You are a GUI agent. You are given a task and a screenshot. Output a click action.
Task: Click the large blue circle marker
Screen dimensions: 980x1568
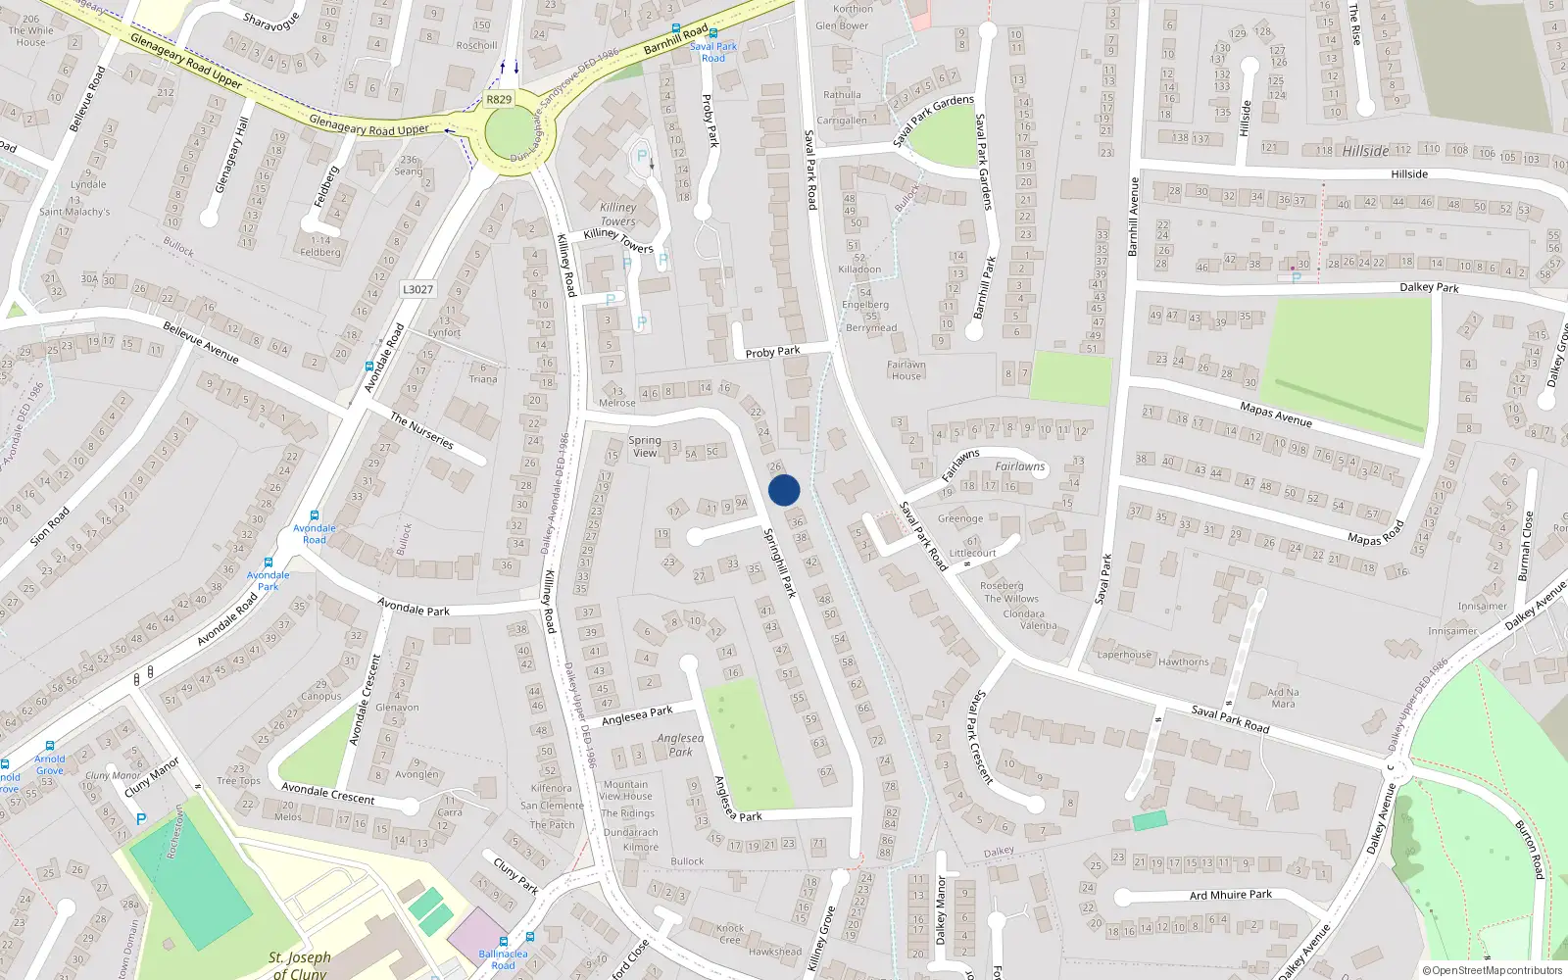click(784, 490)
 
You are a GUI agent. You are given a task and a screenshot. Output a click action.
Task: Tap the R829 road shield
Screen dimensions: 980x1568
click(499, 99)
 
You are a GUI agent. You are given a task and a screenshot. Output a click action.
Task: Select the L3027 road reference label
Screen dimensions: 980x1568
click(417, 289)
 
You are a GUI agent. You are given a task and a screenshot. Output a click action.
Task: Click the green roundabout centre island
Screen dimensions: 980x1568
click(507, 134)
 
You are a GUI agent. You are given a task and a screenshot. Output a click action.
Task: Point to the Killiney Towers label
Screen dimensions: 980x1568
click(618, 215)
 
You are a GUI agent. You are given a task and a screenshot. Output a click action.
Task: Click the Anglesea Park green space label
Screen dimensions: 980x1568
click(680, 745)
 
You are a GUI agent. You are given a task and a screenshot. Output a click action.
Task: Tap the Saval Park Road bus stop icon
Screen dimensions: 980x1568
click(675, 30)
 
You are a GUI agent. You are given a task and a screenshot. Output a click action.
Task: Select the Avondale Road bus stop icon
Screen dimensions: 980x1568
click(315, 515)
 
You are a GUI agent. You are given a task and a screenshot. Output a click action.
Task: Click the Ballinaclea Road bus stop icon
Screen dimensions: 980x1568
click(504, 941)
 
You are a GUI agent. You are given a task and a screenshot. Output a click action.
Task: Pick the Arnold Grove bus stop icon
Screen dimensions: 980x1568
click(49, 746)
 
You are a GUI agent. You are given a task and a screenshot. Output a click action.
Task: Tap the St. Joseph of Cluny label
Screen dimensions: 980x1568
click(300, 964)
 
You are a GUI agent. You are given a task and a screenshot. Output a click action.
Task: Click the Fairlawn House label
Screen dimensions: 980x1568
click(906, 369)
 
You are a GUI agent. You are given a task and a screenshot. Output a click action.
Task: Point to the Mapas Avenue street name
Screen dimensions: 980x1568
click(1275, 415)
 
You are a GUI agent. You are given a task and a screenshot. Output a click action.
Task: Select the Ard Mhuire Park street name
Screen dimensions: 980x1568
click(1230, 895)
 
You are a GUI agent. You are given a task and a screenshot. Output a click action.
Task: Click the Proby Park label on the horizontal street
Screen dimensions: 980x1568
click(772, 352)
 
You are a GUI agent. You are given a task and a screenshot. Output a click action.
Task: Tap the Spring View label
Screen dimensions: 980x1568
click(645, 446)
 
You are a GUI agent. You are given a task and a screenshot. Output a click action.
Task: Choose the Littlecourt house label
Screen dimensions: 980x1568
click(972, 553)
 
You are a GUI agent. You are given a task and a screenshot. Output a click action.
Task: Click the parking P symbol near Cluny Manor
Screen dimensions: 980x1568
click(141, 819)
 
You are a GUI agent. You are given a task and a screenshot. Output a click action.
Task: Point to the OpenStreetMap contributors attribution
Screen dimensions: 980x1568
click(1492, 970)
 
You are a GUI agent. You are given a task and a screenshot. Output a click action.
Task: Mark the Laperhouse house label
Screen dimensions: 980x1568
click(1124, 655)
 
